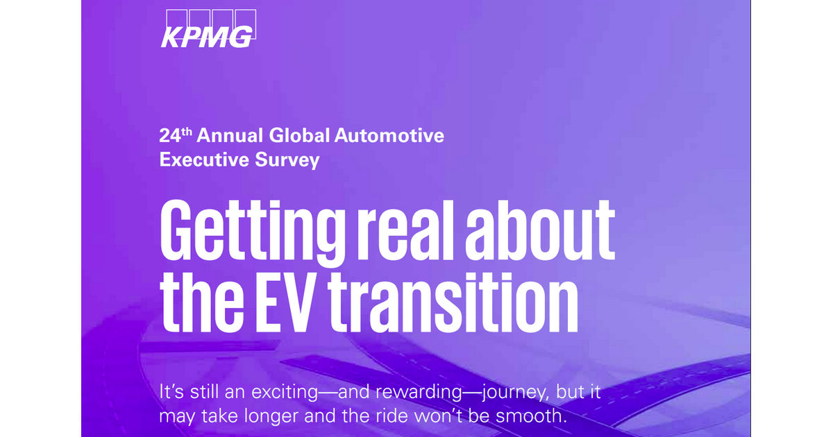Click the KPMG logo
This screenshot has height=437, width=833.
[x=208, y=28]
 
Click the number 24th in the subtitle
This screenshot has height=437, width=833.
[x=176, y=135]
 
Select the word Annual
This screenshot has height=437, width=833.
[x=230, y=135]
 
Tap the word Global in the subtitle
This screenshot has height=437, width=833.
[x=299, y=135]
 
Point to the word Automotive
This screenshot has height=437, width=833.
[x=389, y=135]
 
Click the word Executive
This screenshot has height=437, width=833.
[x=204, y=160]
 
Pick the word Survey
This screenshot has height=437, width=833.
[x=287, y=160]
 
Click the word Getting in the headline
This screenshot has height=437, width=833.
[x=253, y=232]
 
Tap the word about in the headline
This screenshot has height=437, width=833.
[x=540, y=230]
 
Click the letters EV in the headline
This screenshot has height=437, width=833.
[x=284, y=302]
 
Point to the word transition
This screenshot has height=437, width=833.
[x=453, y=302]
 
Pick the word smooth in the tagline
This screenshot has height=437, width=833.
[x=532, y=415]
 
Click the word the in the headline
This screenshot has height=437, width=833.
[x=202, y=302]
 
